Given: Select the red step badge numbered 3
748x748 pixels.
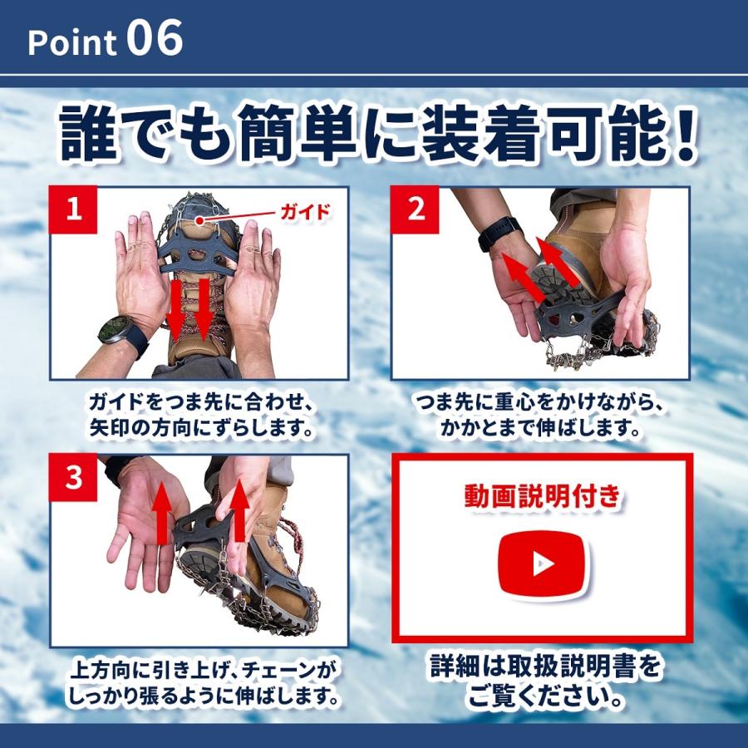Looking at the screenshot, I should [74, 478].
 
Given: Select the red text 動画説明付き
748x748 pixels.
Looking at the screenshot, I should [542, 497].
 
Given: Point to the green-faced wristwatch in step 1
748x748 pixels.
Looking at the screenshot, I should [115, 331].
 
